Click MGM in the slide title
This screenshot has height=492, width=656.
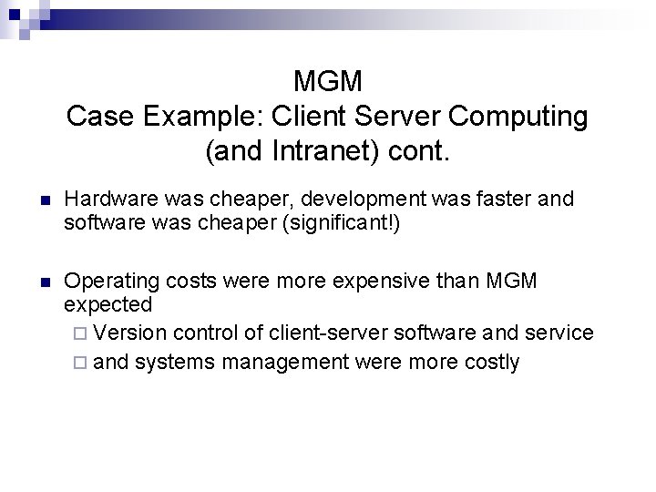pos(328,81)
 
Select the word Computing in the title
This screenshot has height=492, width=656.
pos(518,117)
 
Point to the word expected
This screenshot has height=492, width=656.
pos(108,303)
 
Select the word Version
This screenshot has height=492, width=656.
pos(129,333)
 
